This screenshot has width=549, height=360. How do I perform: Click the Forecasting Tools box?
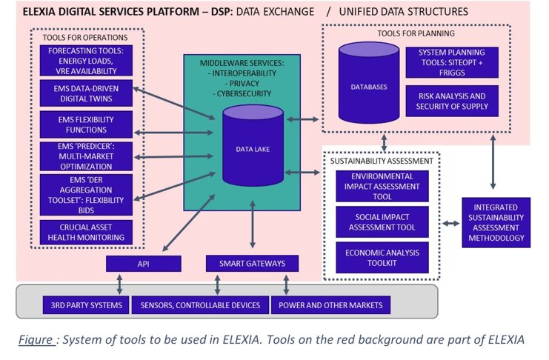(86, 61)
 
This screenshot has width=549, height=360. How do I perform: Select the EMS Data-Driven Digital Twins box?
(86, 93)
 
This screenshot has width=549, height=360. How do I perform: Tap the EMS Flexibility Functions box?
(86, 124)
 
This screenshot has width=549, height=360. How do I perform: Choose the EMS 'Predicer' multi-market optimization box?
(86, 155)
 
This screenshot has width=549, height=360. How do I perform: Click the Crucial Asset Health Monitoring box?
(86, 231)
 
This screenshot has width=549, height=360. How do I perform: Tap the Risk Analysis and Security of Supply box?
(452, 101)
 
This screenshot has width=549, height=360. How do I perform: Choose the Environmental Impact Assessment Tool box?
(382, 186)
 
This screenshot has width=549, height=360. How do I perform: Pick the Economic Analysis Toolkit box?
(382, 257)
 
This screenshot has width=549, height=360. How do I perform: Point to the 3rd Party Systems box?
(74, 304)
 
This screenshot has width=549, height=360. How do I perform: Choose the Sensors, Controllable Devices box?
(200, 304)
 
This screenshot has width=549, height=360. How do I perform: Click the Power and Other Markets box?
(326, 304)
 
